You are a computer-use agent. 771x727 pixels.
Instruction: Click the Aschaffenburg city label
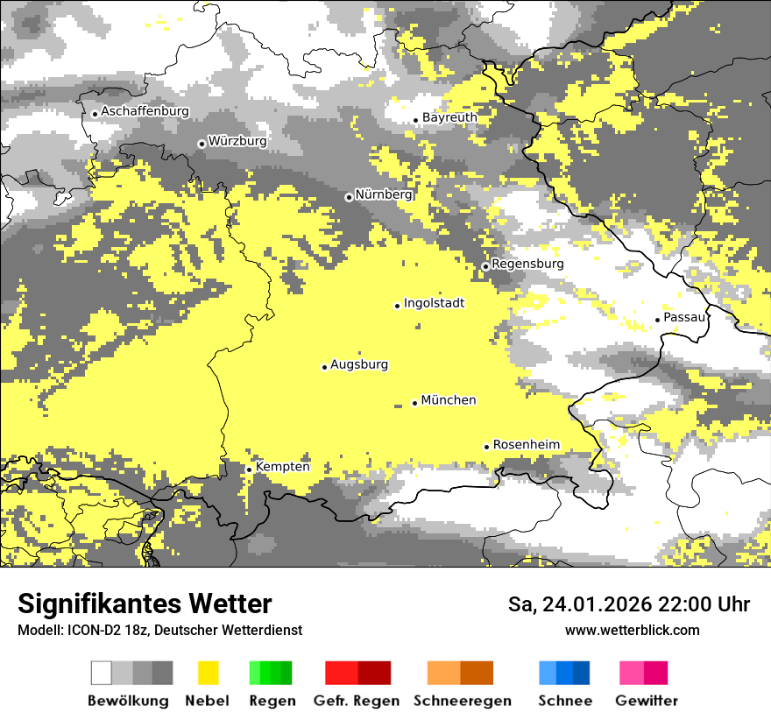point(145,112)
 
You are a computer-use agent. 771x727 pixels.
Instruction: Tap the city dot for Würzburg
point(202,144)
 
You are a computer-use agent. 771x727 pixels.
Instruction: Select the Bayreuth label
point(449,117)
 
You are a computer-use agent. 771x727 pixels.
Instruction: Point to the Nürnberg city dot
point(349,197)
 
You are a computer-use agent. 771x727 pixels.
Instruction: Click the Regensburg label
point(527,264)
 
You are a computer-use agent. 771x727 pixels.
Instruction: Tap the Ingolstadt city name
point(434,303)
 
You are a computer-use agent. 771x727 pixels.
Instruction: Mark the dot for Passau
point(657,320)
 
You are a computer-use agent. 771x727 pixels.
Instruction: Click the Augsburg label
point(358,364)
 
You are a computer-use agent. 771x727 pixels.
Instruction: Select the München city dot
point(414,403)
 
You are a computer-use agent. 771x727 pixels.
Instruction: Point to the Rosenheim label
point(526,445)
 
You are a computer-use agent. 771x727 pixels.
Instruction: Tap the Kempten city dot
point(249,469)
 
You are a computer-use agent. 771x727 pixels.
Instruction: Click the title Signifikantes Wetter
point(145,603)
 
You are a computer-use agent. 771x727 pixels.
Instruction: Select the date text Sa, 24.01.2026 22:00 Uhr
point(628,604)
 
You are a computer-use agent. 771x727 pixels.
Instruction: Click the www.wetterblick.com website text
point(632,630)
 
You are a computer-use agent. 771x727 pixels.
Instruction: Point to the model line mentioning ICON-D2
point(159,630)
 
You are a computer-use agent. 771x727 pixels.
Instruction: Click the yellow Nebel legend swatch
point(208,673)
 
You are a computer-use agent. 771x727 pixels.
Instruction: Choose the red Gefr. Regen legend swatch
point(357,673)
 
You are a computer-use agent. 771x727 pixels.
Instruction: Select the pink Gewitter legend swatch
point(643,673)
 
